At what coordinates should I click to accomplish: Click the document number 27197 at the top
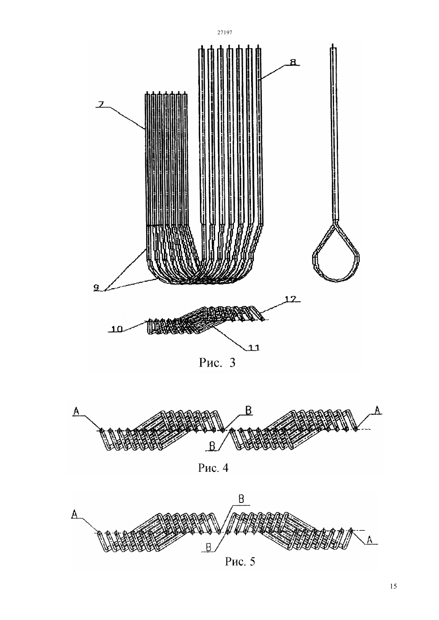pyautogui.click(x=224, y=32)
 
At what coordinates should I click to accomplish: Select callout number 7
pyautogui.click(x=100, y=105)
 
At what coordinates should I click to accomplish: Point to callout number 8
pyautogui.click(x=293, y=62)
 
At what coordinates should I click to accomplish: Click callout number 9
pyautogui.click(x=96, y=288)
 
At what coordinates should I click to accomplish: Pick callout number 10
pyautogui.click(x=117, y=329)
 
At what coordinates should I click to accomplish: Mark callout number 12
pyautogui.click(x=291, y=299)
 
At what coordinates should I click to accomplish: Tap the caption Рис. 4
pyautogui.click(x=213, y=467)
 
